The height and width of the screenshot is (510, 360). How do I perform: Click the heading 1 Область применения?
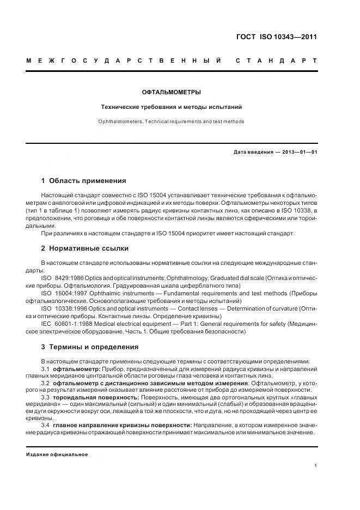[83, 180]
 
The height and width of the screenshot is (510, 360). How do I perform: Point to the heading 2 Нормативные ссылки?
[85, 248]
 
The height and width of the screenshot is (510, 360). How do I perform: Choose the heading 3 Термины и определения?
[90, 347]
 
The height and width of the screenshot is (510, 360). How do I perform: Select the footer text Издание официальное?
[57, 454]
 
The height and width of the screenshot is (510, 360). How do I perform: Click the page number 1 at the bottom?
[315, 465]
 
